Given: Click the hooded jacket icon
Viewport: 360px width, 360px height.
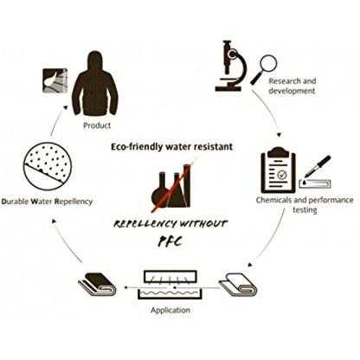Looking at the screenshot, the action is pos(95,84).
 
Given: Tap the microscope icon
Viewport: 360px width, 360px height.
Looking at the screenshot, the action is pos(230,66).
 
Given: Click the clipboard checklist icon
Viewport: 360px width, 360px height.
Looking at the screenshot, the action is pos(278,170).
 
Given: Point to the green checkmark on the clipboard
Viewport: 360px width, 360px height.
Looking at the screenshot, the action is pos(281,175).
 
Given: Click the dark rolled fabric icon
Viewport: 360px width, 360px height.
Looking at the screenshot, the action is pos(97,284).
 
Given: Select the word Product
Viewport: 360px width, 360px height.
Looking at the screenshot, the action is pos(97,125).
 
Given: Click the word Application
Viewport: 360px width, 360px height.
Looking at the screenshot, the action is pos(170,311).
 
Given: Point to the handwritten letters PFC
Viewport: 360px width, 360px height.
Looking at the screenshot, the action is pos(170,241).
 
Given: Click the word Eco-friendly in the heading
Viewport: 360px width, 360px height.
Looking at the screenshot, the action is pos(137,147).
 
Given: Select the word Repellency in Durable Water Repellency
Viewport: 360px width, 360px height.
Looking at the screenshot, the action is pos(74,202).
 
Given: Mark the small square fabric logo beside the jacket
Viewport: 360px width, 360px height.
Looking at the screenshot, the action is pos(55,80).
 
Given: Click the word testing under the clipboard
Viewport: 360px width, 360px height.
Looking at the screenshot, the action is pos(305,210).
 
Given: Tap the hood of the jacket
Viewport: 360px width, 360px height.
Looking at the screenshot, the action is pos(95,60).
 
